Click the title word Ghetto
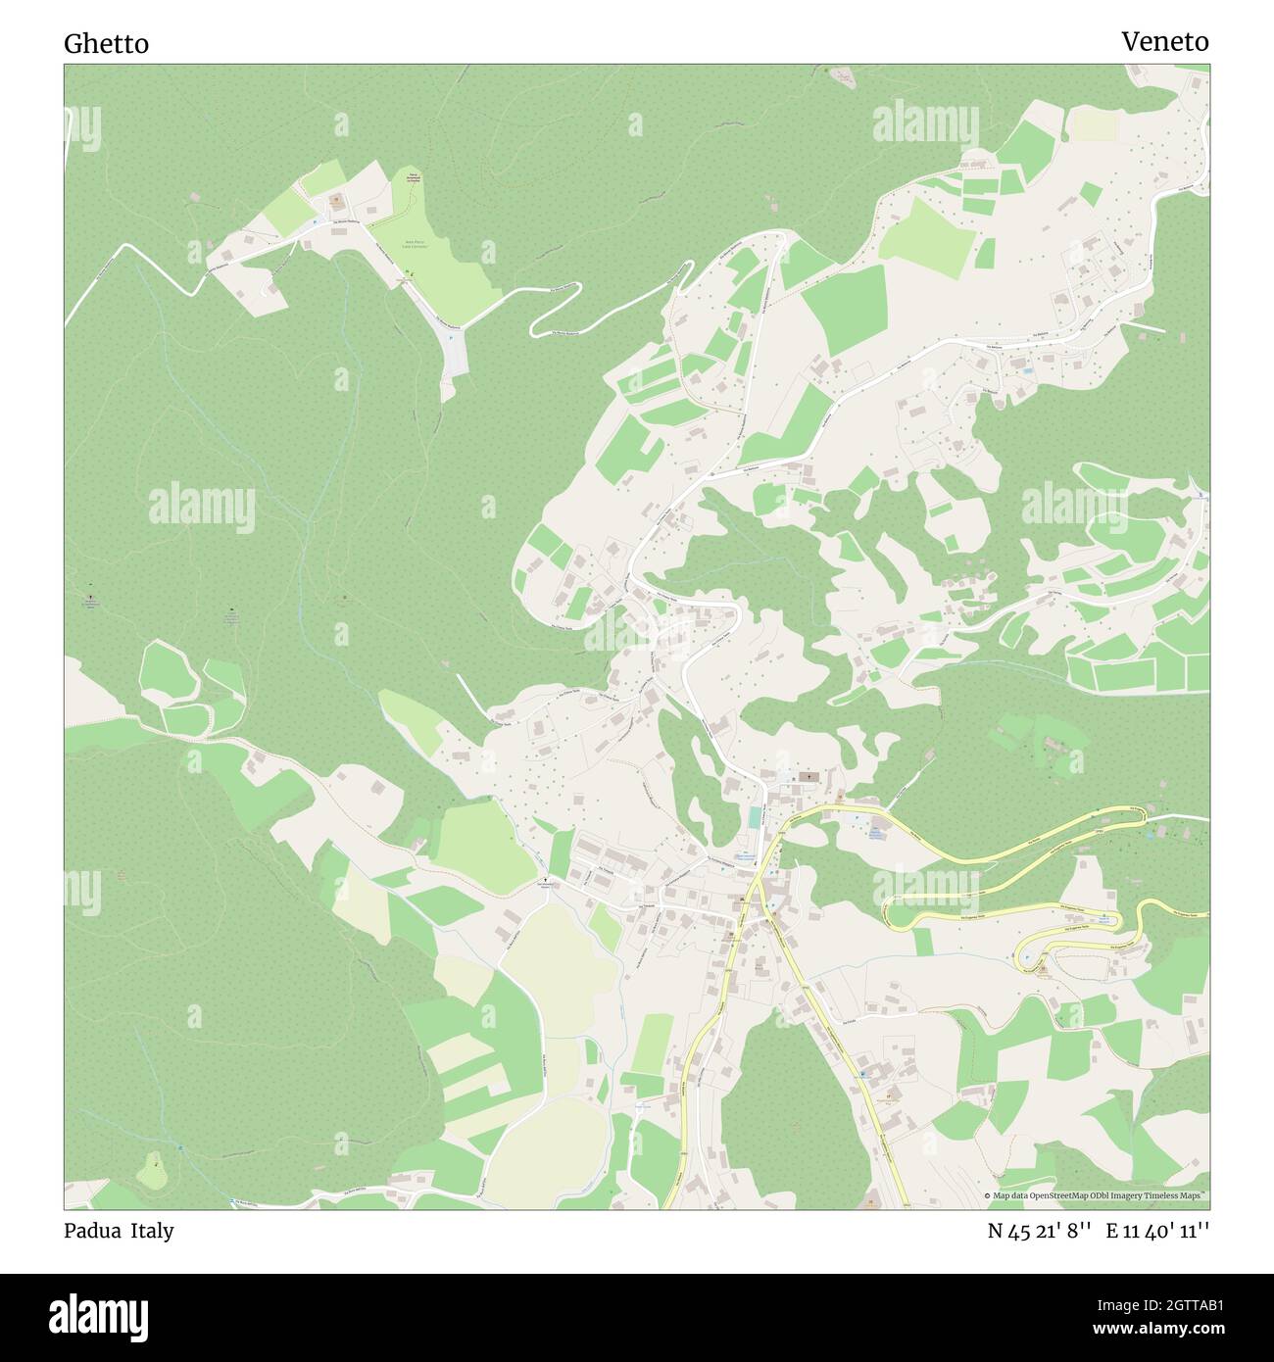point(106,43)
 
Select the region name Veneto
point(1164,41)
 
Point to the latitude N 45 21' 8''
point(1039,1232)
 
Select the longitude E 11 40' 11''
point(1157,1232)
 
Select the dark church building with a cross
point(808,777)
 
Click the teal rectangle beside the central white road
point(753,817)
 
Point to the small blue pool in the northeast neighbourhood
point(1026,372)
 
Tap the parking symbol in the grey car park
point(450,337)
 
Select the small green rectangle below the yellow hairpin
point(922,941)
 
